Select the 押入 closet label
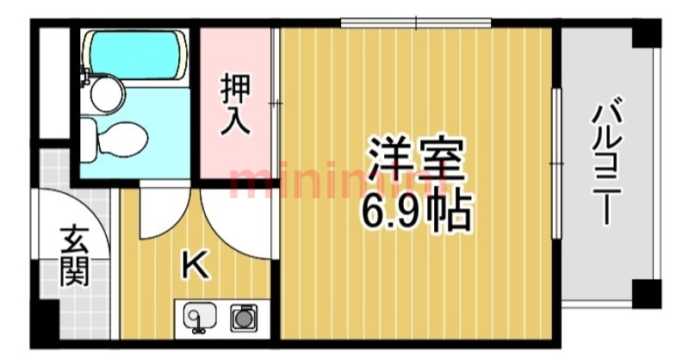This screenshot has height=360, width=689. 234,103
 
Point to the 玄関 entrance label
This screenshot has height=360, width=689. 74,256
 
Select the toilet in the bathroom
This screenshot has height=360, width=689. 117,138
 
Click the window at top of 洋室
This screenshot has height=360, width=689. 415,22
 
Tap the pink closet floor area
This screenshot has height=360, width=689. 234,151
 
